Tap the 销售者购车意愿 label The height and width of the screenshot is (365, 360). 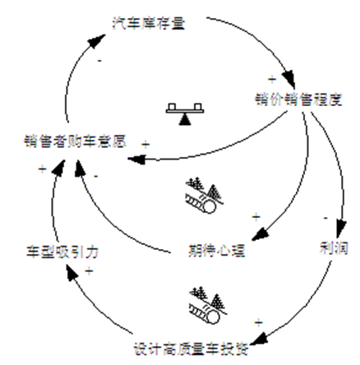[74, 141]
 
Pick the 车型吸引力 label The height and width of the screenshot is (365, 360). [51, 248]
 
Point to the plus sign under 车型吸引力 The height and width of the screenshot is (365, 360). [88, 270]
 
